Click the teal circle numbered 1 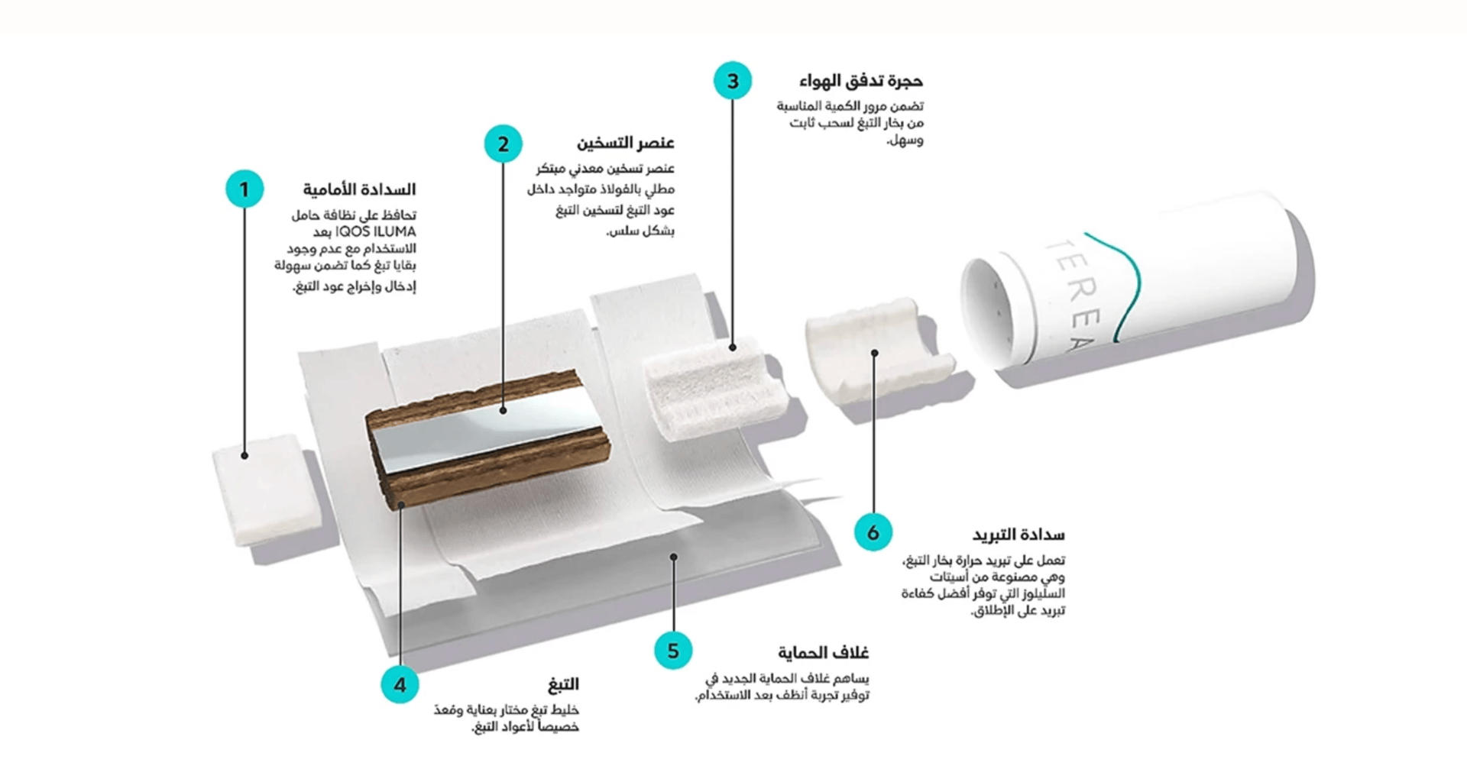244,189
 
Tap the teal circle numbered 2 503,144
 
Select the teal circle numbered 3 733,80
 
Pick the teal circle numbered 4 400,684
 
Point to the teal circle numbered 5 673,651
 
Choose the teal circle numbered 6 873,532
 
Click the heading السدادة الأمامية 359,189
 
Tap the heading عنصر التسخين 626,144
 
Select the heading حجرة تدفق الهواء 861,81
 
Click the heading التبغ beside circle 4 563,683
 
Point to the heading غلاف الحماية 824,653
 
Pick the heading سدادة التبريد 1018,535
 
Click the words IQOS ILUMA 376,232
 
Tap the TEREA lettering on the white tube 1070,293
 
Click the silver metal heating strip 489,428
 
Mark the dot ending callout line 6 875,353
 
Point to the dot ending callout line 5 673,557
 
